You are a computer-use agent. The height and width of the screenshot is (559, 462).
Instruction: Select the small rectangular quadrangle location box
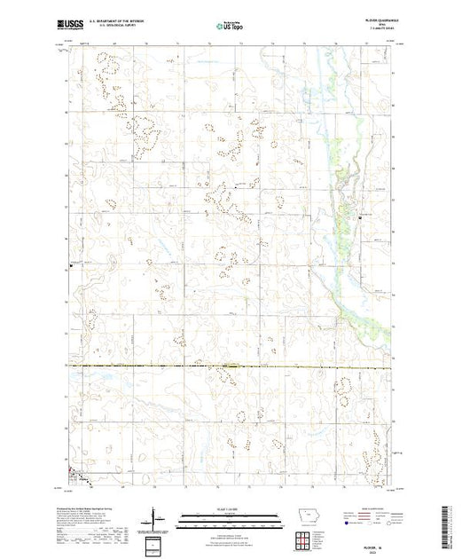156,542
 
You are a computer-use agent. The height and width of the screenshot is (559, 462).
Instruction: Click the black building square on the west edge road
73,264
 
